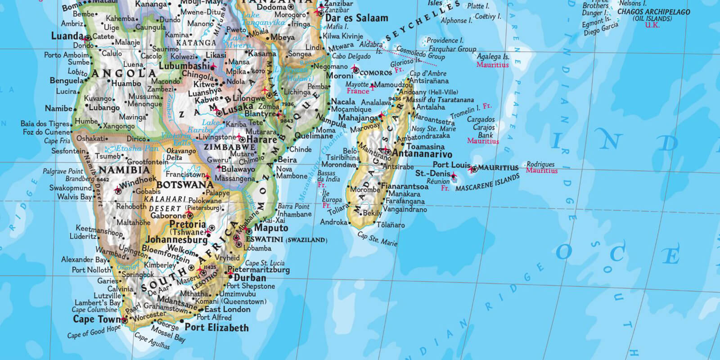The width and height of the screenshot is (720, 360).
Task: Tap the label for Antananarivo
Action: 422,154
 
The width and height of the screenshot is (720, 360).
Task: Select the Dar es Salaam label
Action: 356,18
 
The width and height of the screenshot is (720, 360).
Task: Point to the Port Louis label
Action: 451,165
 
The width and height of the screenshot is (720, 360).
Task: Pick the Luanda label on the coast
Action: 67,36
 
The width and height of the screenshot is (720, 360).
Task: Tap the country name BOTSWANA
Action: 185,184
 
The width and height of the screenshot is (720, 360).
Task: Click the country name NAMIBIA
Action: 124,170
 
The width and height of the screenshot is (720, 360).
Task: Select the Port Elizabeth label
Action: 216,328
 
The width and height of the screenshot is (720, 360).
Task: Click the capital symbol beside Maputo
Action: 249,231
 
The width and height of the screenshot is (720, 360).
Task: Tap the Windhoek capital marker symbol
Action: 118,190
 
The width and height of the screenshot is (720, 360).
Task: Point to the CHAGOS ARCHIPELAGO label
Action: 653,12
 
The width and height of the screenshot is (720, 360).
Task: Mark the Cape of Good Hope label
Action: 94,333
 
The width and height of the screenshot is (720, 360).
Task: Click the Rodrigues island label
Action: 540,164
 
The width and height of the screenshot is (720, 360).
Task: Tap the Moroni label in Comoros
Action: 339,76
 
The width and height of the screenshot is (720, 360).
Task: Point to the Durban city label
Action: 250,278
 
